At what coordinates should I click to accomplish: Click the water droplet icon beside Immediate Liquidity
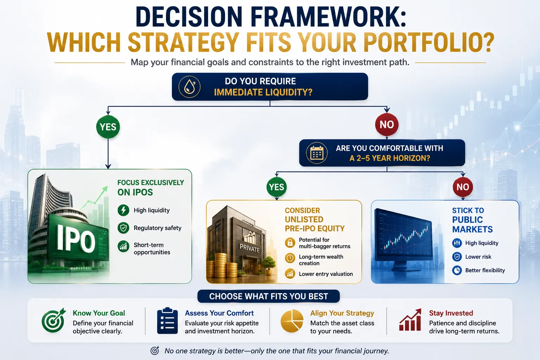point(189,87)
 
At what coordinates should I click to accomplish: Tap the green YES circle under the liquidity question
point(108,127)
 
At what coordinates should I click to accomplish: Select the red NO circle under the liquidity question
point(387,124)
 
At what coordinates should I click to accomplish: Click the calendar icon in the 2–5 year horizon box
point(317,153)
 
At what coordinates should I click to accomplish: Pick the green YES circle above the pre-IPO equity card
point(277,187)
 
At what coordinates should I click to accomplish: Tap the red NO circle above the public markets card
point(463,187)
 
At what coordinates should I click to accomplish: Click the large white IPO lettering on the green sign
point(76,240)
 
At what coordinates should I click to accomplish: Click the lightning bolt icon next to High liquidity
point(123,210)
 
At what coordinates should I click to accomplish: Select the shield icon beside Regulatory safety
point(123,228)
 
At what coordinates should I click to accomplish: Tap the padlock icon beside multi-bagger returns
point(290,243)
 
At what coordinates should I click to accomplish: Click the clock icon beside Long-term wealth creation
point(290,258)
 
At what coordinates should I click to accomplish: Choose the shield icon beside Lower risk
point(457,257)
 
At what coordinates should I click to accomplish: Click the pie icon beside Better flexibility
point(457,270)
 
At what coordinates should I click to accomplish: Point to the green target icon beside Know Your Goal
point(53,320)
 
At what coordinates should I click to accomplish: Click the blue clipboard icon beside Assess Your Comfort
point(167,321)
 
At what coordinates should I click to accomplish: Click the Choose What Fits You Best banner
point(269,296)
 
